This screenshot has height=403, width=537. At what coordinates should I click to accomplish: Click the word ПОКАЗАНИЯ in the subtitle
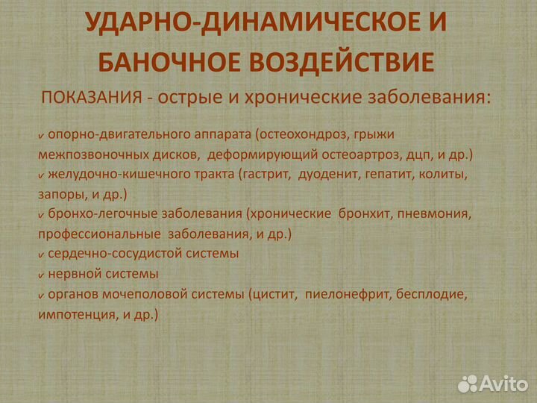92,98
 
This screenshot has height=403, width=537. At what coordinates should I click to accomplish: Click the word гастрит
267,175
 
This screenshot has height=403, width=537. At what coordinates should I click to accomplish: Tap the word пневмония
436,214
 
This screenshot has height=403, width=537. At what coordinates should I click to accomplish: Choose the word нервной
73,274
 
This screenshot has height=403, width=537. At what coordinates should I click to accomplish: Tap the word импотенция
74,314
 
